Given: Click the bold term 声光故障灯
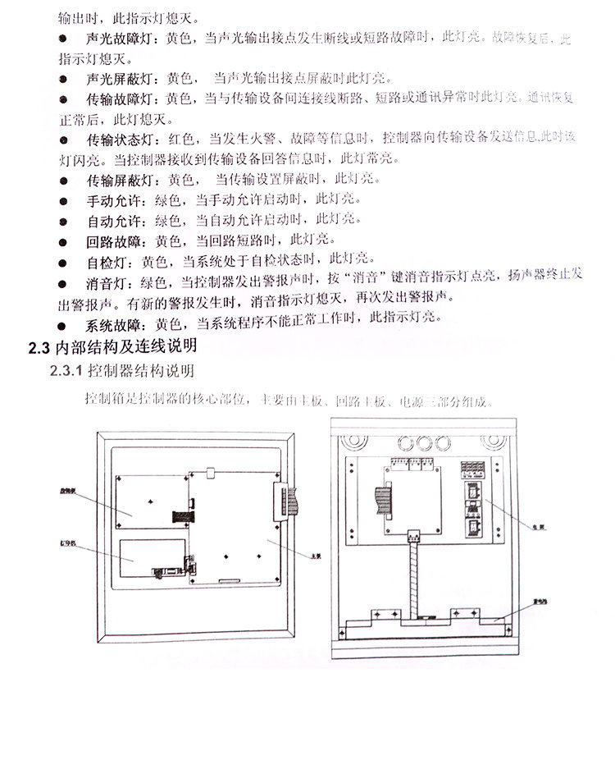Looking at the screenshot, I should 118,39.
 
